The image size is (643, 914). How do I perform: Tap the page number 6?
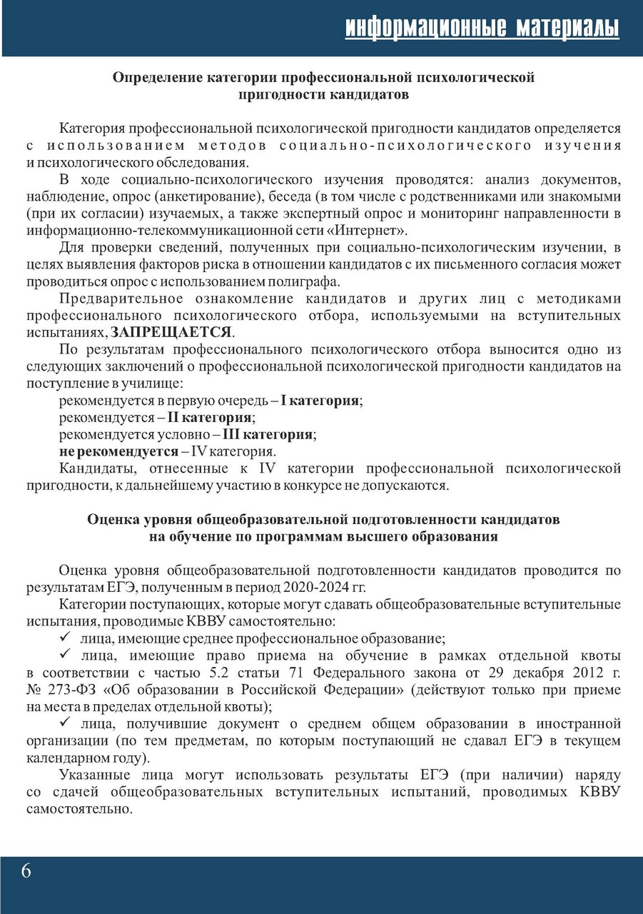[x=26, y=871]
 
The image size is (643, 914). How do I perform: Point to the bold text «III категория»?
[x=268, y=434]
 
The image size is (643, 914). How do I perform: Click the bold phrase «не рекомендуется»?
[x=118, y=451]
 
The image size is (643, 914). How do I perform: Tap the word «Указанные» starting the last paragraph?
[x=96, y=775]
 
